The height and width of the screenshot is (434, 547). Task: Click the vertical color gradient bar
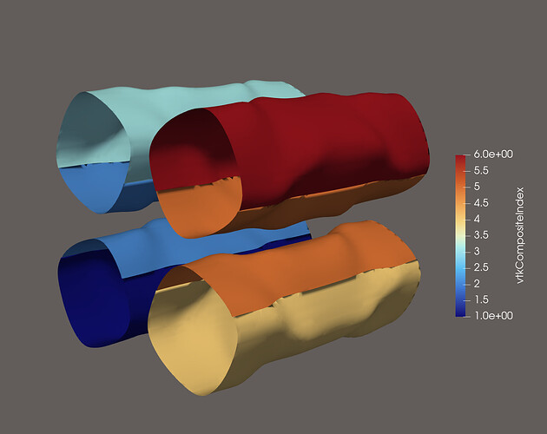(461, 235)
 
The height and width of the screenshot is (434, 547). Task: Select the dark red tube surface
(330, 148)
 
